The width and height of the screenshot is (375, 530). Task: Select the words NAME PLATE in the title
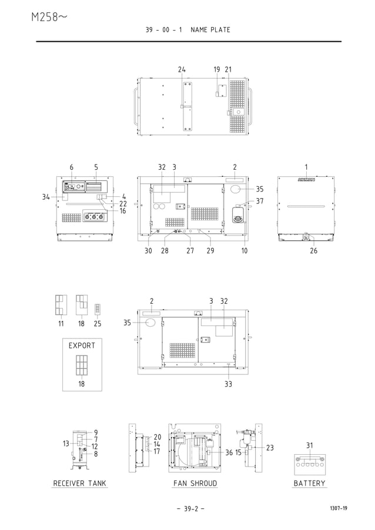(210, 29)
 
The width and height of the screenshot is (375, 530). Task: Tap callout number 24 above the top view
(182, 69)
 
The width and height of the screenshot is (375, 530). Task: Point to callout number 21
(228, 69)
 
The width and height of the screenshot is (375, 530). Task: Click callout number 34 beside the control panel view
(46, 197)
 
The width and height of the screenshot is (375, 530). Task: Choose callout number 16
(123, 210)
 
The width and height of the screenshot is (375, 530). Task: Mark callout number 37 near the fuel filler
(260, 201)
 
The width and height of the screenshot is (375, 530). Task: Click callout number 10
(244, 251)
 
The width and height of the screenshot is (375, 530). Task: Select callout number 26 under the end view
(313, 251)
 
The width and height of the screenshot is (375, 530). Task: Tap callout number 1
(306, 167)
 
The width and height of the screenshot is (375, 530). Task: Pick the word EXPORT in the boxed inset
(82, 345)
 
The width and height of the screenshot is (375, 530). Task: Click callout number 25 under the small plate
(98, 323)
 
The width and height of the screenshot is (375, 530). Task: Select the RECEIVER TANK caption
(80, 483)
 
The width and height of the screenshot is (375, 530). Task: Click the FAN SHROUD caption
(195, 483)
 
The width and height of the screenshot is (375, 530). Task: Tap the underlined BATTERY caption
(309, 483)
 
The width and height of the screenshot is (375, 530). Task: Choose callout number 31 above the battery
(309, 445)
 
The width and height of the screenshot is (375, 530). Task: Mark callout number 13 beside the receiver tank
(67, 444)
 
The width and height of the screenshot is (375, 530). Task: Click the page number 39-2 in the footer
(187, 508)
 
